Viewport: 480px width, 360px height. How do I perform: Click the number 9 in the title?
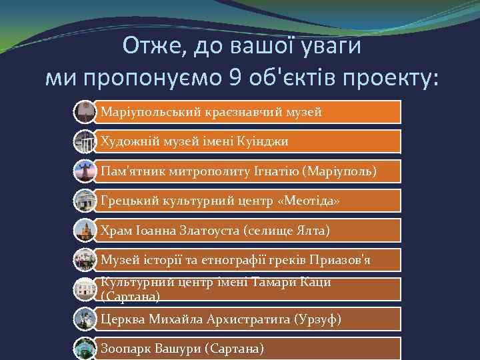point(236,79)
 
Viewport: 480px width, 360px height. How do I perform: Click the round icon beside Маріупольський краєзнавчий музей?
point(85,111)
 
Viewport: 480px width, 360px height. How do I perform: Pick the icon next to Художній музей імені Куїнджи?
point(85,141)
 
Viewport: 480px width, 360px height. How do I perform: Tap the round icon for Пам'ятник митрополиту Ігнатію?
point(85,171)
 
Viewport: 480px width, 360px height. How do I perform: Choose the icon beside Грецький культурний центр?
point(85,201)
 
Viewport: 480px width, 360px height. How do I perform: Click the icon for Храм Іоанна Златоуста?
point(85,230)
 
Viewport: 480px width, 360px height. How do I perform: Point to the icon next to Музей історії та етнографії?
point(85,259)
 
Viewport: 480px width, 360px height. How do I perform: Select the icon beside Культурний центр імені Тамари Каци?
point(85,289)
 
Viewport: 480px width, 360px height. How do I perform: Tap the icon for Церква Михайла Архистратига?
point(85,319)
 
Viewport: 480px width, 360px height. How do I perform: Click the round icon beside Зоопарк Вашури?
point(85,348)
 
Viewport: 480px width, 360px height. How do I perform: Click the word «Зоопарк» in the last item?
point(126,348)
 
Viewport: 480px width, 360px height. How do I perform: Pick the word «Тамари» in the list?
point(279,282)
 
